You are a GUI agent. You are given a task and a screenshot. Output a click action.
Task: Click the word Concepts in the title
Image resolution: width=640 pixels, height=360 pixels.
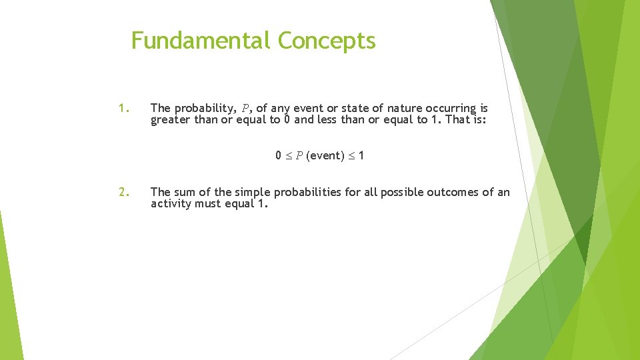(x=327, y=41)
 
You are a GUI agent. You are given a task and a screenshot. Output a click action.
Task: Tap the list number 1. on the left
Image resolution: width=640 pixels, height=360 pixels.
(x=123, y=108)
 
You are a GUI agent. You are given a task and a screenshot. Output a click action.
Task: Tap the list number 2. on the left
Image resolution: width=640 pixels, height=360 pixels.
(x=123, y=192)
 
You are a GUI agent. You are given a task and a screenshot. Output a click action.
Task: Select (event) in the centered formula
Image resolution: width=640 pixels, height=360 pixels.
(x=323, y=156)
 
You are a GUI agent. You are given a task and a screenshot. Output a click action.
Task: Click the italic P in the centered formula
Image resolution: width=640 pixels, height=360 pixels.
(x=299, y=156)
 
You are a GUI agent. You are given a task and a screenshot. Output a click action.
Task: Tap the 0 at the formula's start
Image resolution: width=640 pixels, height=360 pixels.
(x=279, y=156)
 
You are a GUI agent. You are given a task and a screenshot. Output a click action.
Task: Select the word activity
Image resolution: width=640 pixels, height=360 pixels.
(x=171, y=204)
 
